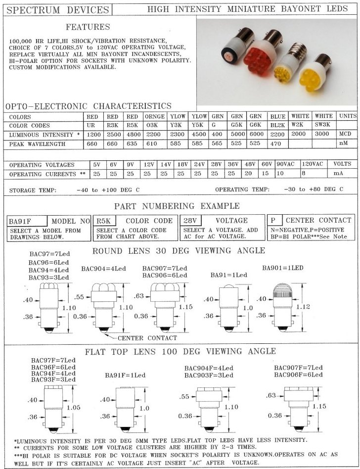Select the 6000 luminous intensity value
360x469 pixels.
point(255,135)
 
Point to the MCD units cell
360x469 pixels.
point(345,135)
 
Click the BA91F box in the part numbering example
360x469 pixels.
point(27,221)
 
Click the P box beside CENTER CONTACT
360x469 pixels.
point(274,220)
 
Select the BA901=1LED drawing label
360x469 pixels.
point(282,268)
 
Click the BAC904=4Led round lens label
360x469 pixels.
point(103,269)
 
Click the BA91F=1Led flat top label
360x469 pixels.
point(124,375)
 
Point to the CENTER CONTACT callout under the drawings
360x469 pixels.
point(147,338)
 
